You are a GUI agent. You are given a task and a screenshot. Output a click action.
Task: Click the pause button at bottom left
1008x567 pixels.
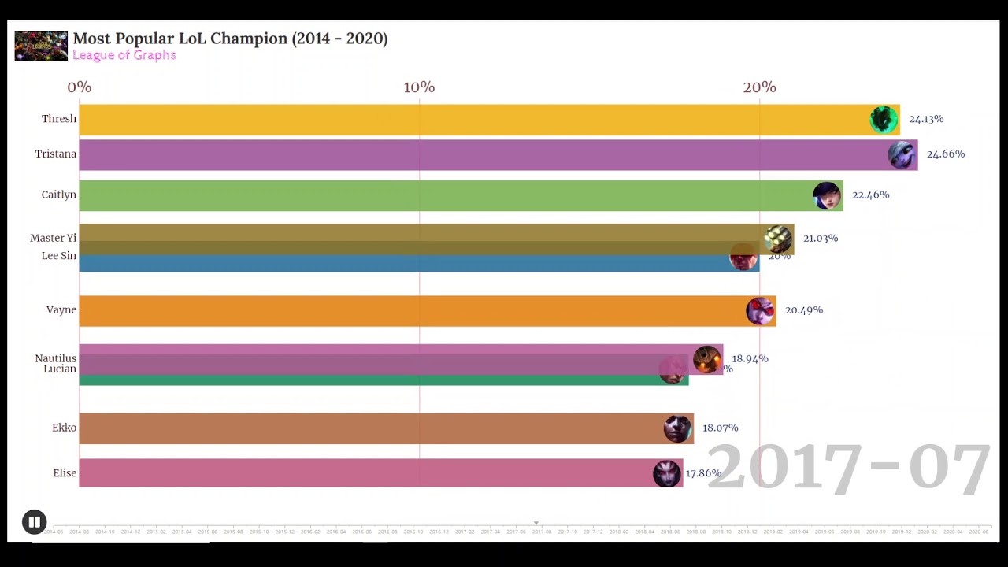coord(34,522)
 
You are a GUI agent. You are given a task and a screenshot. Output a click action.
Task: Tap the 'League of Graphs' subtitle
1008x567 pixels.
coord(124,55)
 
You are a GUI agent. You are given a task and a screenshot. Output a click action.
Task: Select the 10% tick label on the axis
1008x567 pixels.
coord(419,87)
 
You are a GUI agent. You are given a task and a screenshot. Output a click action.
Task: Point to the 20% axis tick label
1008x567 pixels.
coord(759,87)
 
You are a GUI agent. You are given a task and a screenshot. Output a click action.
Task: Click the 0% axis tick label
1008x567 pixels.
coord(80,87)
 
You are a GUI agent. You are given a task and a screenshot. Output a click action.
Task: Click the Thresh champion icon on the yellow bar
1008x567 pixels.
coord(884,119)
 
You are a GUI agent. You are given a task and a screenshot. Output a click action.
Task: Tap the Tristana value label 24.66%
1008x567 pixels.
coord(945,154)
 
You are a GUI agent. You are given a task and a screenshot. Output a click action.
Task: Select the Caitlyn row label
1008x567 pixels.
coord(59,195)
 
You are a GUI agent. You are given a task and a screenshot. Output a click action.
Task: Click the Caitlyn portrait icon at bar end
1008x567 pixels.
coord(827,195)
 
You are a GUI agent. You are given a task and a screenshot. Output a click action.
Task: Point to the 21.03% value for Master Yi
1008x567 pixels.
coord(820,238)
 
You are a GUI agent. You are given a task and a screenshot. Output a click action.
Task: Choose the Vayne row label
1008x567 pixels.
coord(61,310)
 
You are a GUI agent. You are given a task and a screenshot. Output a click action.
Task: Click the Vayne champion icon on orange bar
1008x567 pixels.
coord(760,311)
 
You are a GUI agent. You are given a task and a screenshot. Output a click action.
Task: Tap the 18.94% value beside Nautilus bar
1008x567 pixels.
coord(750,359)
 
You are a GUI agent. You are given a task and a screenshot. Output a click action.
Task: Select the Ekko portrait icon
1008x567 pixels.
coord(677,428)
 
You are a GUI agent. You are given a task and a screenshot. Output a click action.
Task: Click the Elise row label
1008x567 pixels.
coord(65,473)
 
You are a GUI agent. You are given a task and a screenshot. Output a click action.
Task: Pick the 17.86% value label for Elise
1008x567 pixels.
coord(703,473)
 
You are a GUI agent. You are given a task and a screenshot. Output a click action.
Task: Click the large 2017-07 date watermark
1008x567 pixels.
coord(848,469)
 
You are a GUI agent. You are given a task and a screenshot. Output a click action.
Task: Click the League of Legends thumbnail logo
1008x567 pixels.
coord(41,46)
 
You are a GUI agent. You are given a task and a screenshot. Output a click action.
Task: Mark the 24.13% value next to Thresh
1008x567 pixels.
coord(926,119)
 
